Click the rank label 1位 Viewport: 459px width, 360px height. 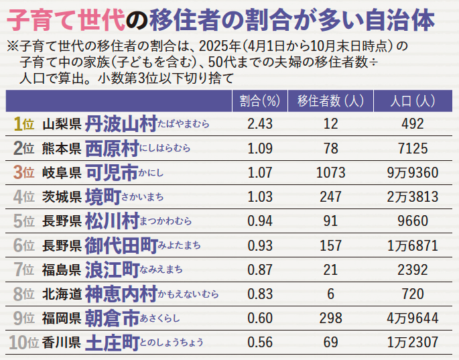click(x=23, y=124)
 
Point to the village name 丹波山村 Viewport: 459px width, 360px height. click(x=121, y=124)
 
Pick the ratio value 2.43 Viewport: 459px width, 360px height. click(x=259, y=124)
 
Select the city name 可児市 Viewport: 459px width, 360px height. click(x=112, y=172)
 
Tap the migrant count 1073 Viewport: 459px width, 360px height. click(x=330, y=172)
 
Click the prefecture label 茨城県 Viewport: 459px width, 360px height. click(x=61, y=197)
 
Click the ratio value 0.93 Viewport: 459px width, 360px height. click(x=259, y=245)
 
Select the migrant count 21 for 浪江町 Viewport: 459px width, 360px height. click(x=330, y=269)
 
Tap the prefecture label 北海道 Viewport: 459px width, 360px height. click(x=61, y=294)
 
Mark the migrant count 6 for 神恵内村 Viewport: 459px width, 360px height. click(x=330, y=294)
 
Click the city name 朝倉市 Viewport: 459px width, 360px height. click(x=112, y=318)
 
